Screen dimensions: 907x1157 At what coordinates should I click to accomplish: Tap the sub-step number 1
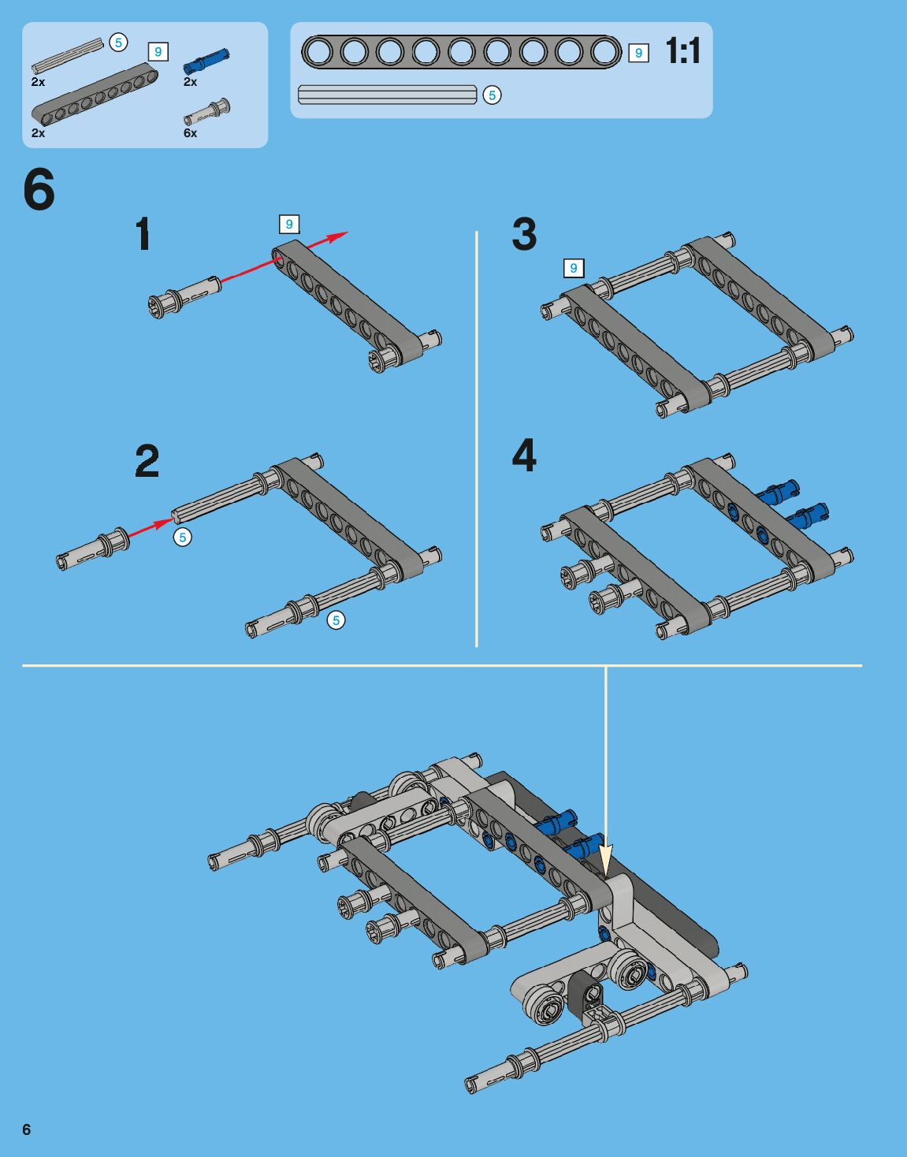point(143,233)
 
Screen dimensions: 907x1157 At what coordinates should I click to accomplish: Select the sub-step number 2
point(147,460)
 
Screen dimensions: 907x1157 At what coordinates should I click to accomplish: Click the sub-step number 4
point(524,455)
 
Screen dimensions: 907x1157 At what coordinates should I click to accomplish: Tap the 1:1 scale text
point(683,52)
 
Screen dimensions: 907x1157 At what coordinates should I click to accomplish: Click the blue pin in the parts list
point(206,61)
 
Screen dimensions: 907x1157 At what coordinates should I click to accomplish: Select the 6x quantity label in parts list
point(190,133)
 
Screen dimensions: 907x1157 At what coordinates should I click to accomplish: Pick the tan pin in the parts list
point(207,112)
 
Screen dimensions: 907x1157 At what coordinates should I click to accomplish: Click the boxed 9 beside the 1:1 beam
point(638,53)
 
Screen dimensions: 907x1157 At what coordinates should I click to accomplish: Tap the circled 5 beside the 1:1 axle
point(492,95)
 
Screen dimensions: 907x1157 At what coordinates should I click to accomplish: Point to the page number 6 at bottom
point(27,1129)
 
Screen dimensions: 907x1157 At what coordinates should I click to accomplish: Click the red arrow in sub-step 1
point(284,257)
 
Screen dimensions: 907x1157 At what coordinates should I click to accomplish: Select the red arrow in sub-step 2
point(151,527)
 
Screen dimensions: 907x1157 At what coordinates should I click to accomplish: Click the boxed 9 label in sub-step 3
point(573,268)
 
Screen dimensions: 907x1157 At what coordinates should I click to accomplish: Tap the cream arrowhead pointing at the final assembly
point(606,859)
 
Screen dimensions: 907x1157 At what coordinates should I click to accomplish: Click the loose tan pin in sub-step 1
point(184,297)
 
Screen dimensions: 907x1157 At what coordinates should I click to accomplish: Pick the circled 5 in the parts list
point(118,43)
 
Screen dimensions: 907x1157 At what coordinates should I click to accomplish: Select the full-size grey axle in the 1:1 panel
point(388,95)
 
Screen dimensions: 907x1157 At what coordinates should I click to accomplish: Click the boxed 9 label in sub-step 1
point(289,224)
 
